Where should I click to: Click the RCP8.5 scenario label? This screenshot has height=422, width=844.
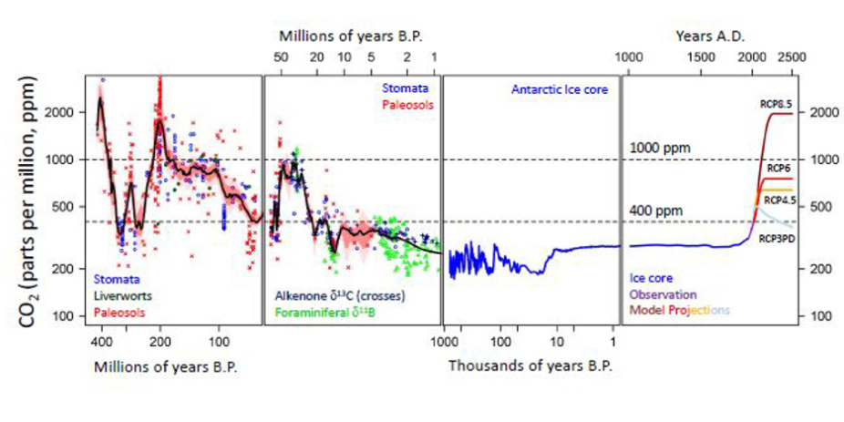(775, 105)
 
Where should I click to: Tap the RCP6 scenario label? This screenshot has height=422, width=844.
(777, 169)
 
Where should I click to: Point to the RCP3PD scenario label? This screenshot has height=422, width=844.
(776, 238)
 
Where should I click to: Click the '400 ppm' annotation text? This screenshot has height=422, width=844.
(654, 211)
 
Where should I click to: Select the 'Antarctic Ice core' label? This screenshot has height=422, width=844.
(559, 90)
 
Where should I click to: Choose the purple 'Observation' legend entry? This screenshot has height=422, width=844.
(663, 295)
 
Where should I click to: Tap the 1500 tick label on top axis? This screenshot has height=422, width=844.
(700, 57)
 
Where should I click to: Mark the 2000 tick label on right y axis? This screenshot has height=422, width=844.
(816, 113)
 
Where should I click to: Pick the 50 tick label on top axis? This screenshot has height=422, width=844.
(282, 57)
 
